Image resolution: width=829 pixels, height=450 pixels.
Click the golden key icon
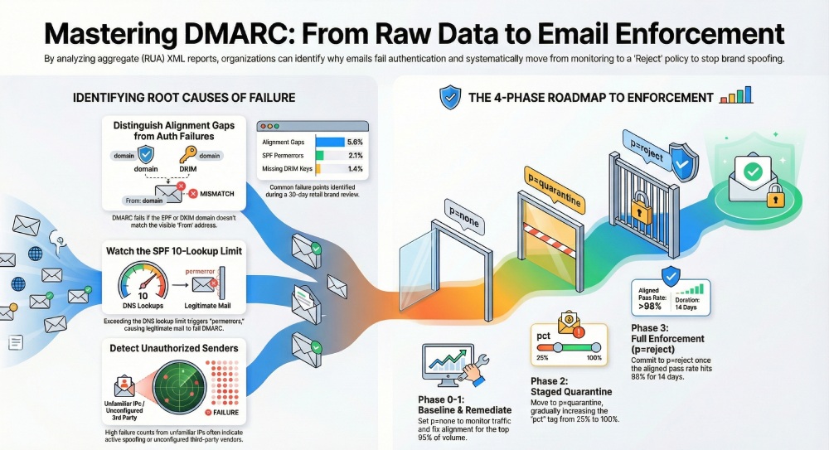pos(187,156)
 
